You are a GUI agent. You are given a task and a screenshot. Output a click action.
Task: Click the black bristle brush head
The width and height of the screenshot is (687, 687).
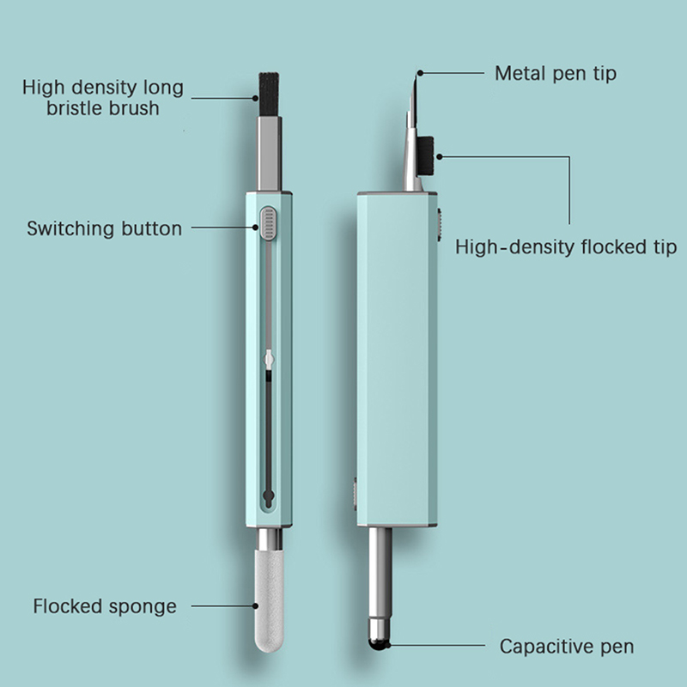pos(269,94)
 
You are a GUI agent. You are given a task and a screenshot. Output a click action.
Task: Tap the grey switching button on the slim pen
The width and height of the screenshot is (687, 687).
pos(268,223)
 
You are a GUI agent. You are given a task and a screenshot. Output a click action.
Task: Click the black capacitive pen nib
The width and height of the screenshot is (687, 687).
pos(380,644)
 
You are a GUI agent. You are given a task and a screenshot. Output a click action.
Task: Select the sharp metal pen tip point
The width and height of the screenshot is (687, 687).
pos(418,75)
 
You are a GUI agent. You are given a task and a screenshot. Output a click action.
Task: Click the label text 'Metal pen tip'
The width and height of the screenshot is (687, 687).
pos(556,74)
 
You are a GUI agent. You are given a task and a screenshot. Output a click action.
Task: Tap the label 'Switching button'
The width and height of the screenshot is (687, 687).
pos(104,228)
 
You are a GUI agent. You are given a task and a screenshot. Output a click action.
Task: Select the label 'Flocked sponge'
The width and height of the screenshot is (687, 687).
pos(105,607)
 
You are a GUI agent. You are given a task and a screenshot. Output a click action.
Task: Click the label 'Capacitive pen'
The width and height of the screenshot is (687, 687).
pos(567,647)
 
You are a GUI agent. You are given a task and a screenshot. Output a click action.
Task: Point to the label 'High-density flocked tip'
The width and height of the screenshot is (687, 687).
pos(566,246)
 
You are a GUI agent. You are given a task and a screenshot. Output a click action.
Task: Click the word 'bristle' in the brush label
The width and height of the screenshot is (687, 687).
pos(72,108)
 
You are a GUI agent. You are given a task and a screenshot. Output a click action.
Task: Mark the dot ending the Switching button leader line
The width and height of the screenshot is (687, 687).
pos(255,228)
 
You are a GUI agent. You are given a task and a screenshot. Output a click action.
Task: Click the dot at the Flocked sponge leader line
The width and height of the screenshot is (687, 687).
pos(255,606)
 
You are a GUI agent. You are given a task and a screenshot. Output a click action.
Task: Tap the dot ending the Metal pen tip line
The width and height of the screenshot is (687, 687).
pos(420,73)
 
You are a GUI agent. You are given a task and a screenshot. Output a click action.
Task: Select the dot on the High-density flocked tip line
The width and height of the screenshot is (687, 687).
pos(440,156)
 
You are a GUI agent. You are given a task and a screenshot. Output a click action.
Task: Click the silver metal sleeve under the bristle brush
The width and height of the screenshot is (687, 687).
pos(269,154)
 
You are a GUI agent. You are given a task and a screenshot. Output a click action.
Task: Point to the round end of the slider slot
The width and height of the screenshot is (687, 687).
pos(268,497)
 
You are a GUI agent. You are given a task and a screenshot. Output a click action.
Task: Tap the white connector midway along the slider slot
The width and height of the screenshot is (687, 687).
pos(269,360)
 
